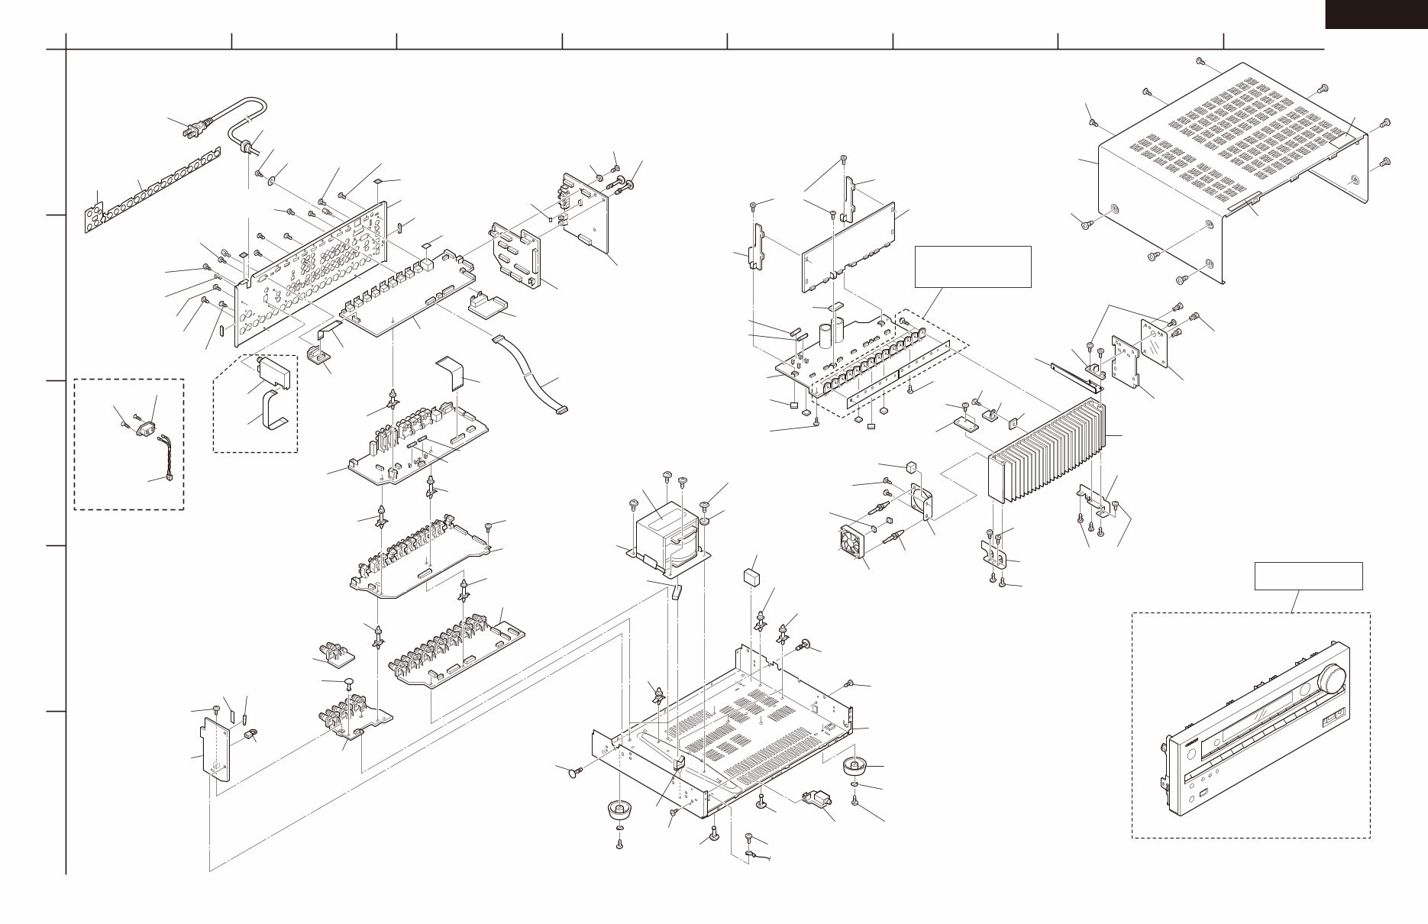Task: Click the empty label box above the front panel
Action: (1308, 576)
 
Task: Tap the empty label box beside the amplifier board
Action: (973, 267)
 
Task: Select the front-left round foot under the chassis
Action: (618, 809)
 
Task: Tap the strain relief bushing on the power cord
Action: (247, 146)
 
